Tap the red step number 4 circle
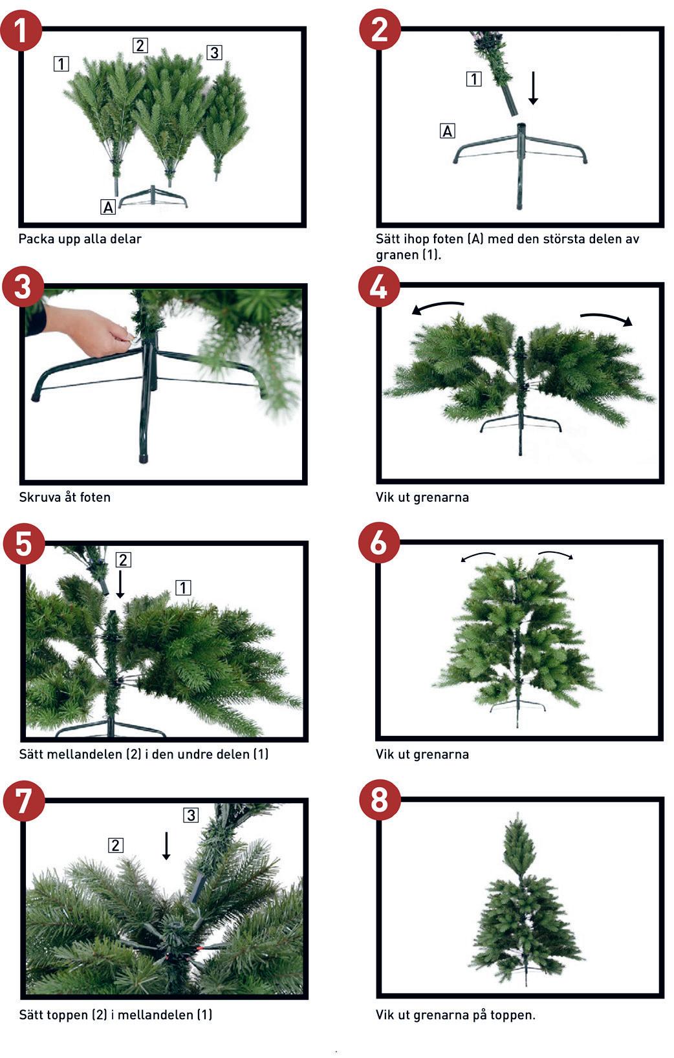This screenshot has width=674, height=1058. [379, 286]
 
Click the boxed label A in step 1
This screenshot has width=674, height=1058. [108, 207]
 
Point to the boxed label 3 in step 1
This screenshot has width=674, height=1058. [215, 52]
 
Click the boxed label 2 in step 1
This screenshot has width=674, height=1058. [140, 45]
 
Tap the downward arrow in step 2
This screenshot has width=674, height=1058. [533, 88]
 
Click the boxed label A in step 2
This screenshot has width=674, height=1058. [448, 131]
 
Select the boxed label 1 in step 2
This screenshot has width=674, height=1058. [474, 78]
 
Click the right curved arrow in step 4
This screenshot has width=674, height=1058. [607, 318]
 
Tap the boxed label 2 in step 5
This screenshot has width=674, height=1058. [124, 559]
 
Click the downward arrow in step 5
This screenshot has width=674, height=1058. [120, 584]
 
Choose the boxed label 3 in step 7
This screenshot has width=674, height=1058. [191, 815]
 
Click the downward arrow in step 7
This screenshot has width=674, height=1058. [166, 845]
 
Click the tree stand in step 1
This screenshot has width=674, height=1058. [153, 197]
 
